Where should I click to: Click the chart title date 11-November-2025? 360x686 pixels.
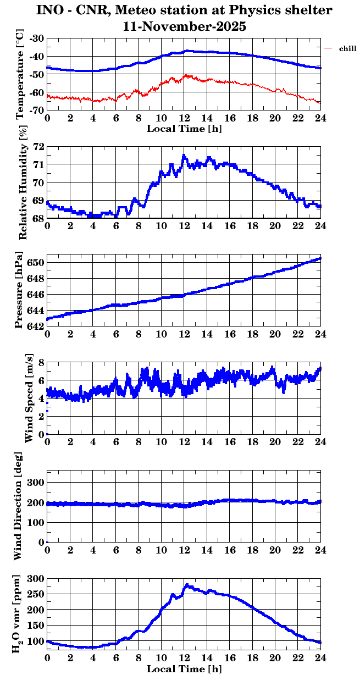tap(184, 26)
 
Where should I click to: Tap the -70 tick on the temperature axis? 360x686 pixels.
tap(37, 110)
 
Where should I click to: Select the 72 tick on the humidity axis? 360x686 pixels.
tap(38, 147)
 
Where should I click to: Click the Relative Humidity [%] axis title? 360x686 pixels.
tap(23, 182)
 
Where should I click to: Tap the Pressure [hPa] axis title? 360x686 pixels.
tap(21, 290)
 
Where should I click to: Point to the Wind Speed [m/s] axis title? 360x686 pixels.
tap(29, 398)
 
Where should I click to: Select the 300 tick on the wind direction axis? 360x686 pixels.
tap(36, 482)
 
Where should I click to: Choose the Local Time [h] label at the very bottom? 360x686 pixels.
tap(184, 669)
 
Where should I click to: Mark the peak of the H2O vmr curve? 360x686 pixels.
tap(187, 585)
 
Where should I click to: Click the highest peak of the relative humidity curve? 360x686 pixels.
tap(184, 155)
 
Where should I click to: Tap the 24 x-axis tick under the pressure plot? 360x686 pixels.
tap(320, 334)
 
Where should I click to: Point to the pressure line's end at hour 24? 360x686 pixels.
tap(320, 258)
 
